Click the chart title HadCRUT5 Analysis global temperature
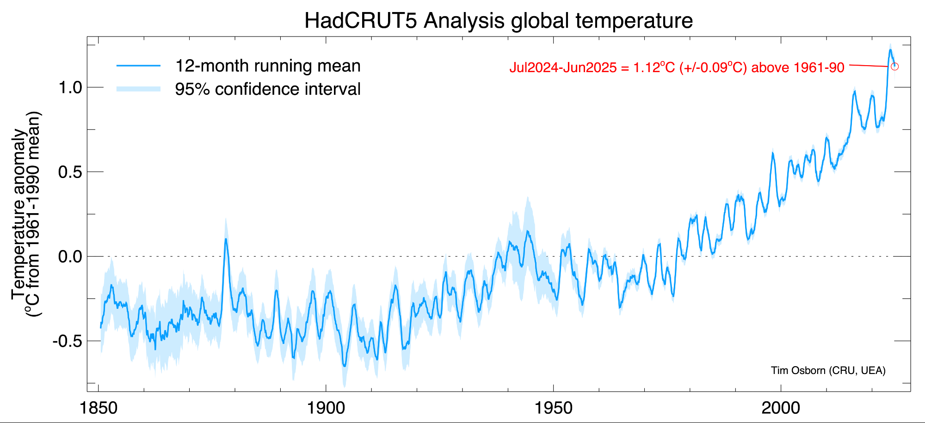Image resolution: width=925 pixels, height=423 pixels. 499,21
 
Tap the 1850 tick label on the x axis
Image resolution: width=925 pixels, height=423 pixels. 99,408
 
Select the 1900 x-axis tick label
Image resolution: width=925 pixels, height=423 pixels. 326,408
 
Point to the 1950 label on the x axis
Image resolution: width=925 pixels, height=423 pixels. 554,408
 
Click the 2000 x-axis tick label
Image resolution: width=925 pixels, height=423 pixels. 781,408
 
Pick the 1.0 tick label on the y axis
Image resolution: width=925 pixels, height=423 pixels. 70,87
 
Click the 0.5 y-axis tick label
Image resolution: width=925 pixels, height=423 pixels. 70,172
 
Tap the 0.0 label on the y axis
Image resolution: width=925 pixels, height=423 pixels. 70,257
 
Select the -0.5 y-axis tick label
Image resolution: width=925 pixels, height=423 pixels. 67,341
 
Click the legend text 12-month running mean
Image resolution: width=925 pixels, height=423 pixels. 268,66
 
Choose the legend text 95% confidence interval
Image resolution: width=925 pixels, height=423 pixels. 268,89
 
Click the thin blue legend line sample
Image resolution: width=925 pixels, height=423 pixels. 138,66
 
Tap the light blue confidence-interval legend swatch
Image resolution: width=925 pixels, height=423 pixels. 138,89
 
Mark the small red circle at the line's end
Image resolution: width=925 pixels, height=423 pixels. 894,67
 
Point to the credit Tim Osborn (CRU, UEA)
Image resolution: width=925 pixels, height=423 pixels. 828,370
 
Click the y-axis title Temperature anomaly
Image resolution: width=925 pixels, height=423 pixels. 19,214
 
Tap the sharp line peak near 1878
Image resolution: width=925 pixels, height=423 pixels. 226,239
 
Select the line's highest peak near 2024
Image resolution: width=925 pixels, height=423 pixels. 890,50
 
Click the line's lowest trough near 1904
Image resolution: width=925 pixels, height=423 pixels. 344,366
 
